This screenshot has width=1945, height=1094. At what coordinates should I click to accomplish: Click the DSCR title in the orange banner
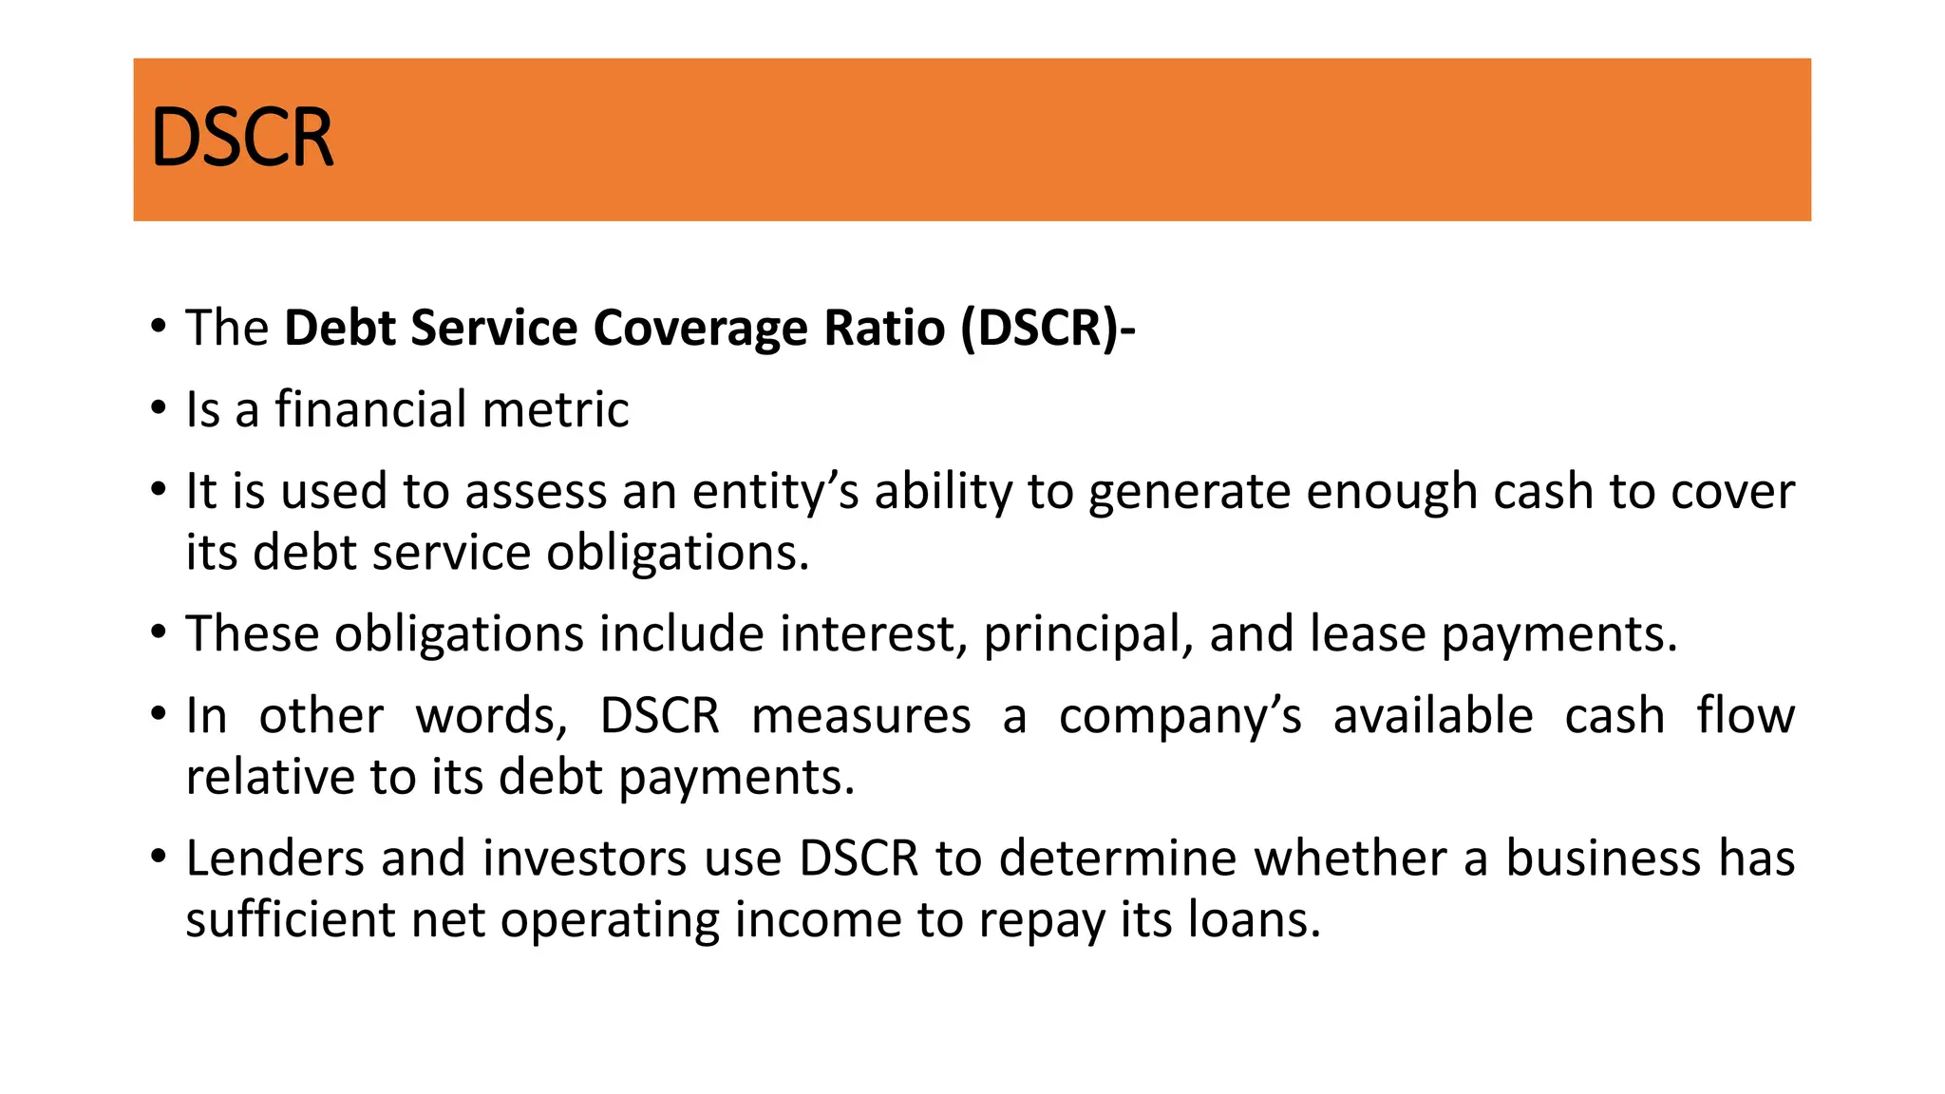242,139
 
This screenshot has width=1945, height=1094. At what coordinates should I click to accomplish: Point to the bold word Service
494,329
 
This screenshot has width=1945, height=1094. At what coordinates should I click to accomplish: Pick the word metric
556,410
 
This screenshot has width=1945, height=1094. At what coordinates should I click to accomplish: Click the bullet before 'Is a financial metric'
159,408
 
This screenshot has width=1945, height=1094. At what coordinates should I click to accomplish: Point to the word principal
1087,634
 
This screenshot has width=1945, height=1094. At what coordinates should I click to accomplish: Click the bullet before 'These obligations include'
159,632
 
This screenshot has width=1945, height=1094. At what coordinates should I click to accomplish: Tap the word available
1432,717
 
